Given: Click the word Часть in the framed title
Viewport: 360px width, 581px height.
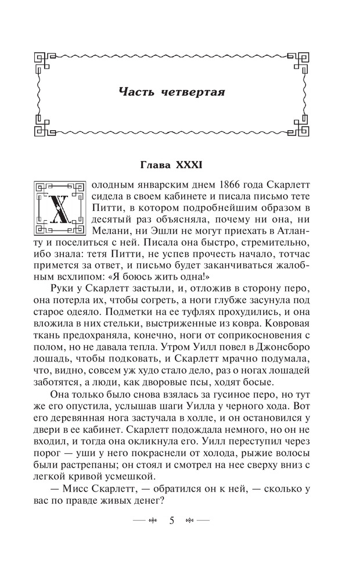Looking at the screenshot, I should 136,92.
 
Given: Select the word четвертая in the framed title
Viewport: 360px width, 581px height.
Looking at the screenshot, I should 196,92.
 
